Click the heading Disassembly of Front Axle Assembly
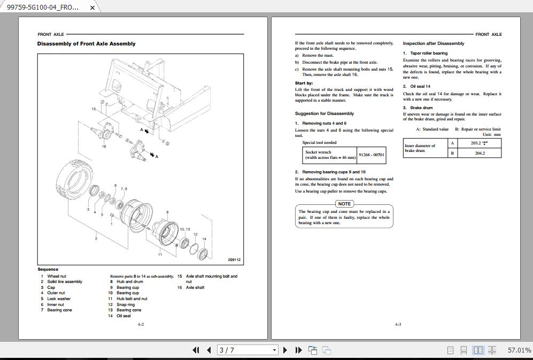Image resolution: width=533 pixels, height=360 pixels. [86, 44]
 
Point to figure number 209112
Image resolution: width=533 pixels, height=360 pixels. [234, 260]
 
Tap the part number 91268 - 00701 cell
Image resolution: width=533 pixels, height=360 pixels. [371, 155]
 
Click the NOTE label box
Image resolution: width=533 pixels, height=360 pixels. [344, 204]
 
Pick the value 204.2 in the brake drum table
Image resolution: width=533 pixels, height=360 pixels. [480, 153]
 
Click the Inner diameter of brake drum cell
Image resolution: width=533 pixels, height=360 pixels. [425, 148]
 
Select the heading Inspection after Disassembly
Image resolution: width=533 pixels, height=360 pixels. [433, 43]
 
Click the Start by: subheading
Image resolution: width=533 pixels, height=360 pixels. [304, 83]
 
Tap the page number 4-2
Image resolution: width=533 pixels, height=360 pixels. [141, 324]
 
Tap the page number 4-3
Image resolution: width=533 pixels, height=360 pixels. [398, 324]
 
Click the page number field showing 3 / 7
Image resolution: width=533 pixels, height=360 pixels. [248, 350]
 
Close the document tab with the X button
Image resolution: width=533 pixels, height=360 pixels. [92, 7]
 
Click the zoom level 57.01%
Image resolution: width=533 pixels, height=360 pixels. [519, 350]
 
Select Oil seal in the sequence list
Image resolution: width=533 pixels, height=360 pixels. [123, 316]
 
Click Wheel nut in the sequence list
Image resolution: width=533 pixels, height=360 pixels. [57, 277]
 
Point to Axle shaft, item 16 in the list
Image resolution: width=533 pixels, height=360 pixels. [195, 288]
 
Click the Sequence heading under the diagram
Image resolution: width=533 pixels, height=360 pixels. [48, 269]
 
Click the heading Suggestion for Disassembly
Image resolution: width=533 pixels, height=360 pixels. [324, 113]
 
